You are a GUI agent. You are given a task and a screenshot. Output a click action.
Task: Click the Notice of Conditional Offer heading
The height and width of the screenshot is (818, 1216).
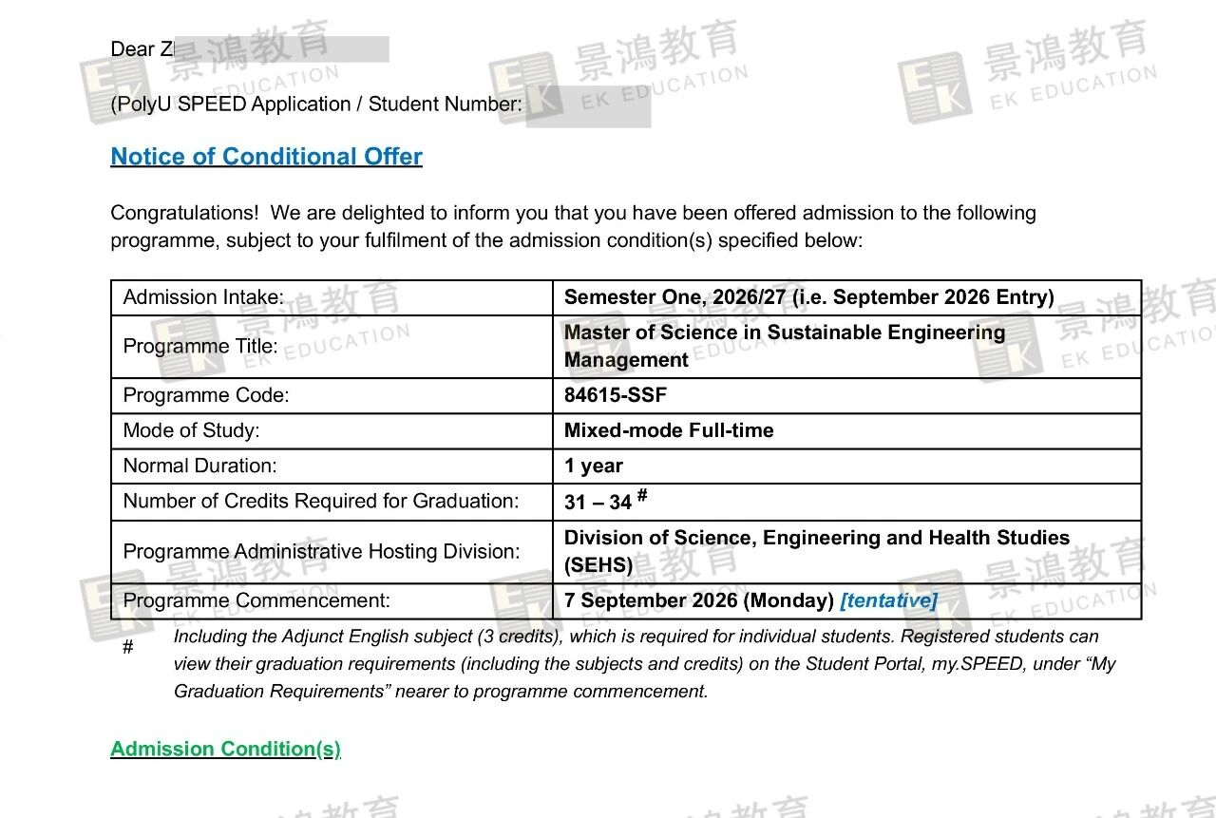click(266, 157)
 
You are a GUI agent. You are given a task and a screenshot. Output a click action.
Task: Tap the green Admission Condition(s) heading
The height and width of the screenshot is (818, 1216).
click(225, 750)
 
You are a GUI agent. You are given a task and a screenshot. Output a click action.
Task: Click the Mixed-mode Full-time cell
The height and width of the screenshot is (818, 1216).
click(669, 430)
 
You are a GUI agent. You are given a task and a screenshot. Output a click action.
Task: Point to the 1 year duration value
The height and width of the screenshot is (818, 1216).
click(594, 466)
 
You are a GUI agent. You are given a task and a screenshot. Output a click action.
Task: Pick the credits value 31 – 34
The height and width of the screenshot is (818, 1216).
click(598, 502)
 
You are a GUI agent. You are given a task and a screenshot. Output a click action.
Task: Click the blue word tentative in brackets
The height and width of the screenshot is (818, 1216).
click(889, 600)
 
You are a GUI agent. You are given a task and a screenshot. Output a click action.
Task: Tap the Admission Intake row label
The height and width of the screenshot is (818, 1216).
click(203, 297)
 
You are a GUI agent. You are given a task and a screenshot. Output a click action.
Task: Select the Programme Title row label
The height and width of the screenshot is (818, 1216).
click(200, 346)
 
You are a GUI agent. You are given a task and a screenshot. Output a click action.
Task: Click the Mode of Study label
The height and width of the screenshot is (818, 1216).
click(191, 430)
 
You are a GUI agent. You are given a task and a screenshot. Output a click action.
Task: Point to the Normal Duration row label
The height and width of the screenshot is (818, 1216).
click(199, 466)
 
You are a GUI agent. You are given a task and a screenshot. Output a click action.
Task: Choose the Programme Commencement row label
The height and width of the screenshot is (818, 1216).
click(256, 600)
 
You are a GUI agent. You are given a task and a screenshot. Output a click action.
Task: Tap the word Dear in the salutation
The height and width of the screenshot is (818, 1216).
click(132, 49)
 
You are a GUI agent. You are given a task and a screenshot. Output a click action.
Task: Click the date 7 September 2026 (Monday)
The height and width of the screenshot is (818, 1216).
click(698, 600)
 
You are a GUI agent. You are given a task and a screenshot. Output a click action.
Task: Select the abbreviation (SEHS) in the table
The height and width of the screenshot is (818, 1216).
click(598, 565)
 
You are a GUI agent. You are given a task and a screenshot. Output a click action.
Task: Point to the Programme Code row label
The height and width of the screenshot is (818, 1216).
click(205, 395)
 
